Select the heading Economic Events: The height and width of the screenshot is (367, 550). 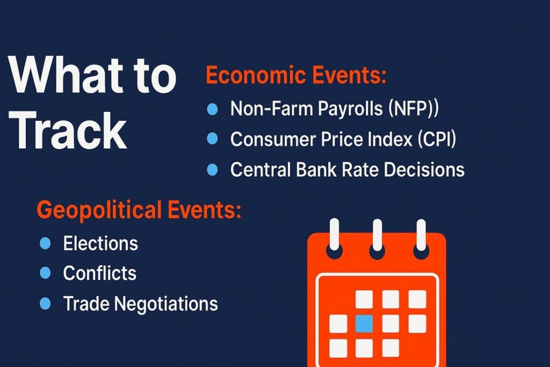(296, 76)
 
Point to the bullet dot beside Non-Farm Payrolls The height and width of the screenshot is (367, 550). (212, 109)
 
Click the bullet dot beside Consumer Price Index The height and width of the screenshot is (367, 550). (212, 140)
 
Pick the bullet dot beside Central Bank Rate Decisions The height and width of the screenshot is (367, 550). (212, 170)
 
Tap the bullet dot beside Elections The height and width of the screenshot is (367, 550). (45, 243)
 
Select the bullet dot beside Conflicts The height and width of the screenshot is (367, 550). (45, 274)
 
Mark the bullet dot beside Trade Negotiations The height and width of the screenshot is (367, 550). (45, 304)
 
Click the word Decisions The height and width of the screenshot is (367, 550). (422, 170)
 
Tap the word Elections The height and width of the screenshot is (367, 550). (100, 243)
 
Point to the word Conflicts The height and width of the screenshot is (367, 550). (100, 274)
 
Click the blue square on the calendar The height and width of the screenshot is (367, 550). (364, 323)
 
